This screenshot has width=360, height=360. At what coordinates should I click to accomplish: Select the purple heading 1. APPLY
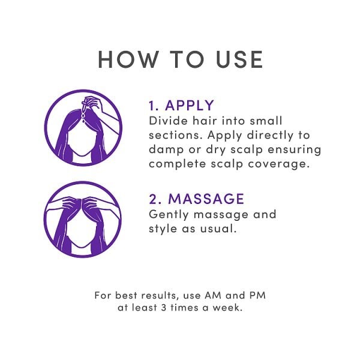coord(181,106)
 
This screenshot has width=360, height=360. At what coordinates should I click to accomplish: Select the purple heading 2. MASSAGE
coord(196,199)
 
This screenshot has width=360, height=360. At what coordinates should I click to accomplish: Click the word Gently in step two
coord(167,214)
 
